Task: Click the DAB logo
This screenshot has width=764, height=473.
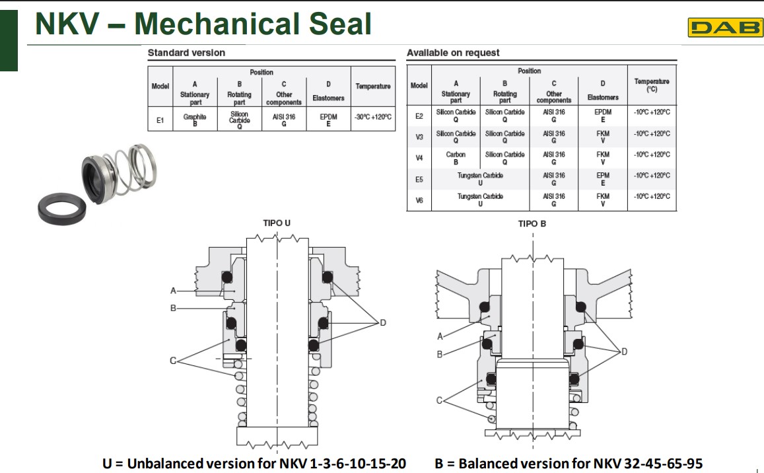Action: (724, 28)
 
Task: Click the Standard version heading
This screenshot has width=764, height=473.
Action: (186, 53)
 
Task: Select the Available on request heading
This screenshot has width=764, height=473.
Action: (453, 53)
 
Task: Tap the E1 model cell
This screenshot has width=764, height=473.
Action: (160, 120)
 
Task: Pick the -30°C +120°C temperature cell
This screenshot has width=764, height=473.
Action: (373, 117)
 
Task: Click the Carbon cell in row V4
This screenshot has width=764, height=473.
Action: (456, 158)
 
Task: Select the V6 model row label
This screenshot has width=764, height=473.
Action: (419, 200)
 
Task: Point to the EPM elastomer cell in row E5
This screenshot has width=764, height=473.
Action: (602, 179)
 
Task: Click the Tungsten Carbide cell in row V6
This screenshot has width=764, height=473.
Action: (480, 200)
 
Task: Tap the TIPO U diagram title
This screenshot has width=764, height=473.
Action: (277, 223)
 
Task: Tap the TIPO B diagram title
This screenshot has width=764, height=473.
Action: (532, 224)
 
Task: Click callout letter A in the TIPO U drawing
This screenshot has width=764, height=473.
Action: (173, 291)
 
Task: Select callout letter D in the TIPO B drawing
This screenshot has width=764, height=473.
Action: (624, 352)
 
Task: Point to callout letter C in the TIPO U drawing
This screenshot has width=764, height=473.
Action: (173, 360)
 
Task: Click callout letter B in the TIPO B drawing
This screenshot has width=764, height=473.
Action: (440, 355)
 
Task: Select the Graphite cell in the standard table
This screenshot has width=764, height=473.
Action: (195, 119)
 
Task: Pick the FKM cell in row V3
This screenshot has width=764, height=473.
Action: (602, 137)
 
